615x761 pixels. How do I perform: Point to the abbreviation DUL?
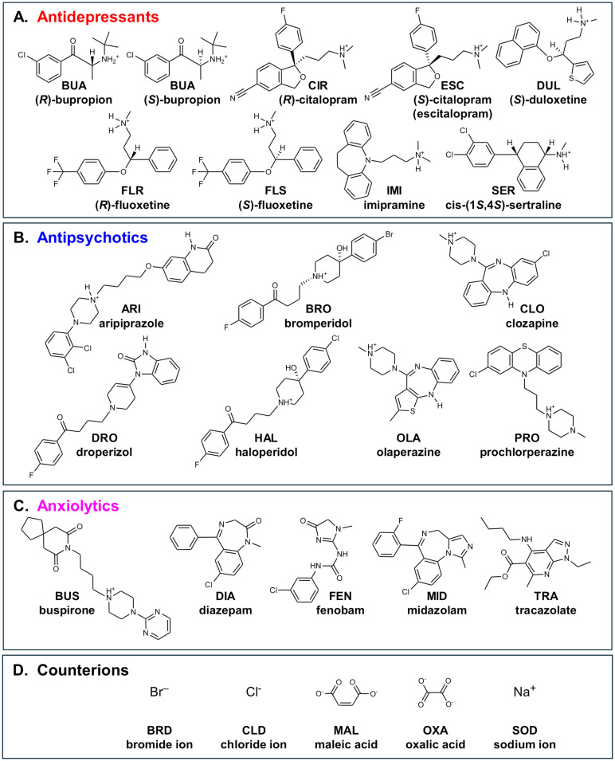click(x=543, y=108)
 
